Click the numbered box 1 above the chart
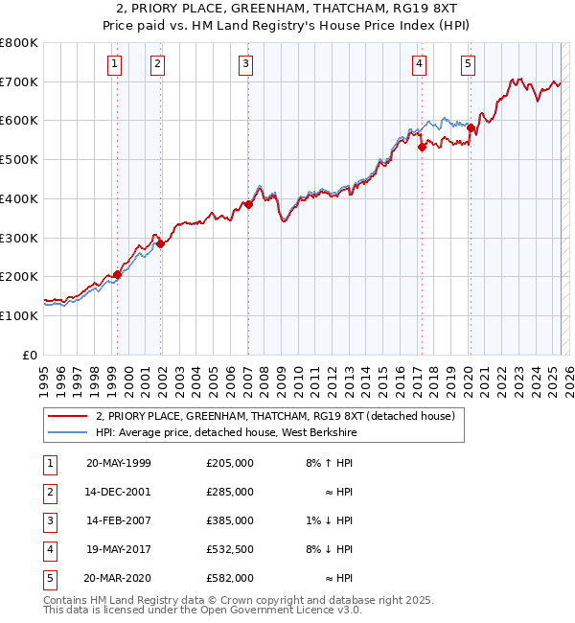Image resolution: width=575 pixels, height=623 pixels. tap(114, 64)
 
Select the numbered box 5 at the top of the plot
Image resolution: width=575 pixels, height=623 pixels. tap(468, 64)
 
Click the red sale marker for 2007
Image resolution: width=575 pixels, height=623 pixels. tap(248, 204)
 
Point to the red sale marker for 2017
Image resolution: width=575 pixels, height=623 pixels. tap(422, 147)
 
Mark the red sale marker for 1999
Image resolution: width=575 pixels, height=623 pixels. tap(118, 274)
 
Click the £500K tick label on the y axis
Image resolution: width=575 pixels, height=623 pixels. tap(18, 159)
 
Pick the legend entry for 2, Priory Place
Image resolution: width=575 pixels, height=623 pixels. tap(280, 416)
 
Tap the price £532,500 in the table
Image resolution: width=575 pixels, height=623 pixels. tap(229, 549)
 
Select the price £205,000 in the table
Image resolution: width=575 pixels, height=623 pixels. tap(229, 463)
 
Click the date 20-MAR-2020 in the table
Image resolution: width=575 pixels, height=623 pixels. tap(118, 578)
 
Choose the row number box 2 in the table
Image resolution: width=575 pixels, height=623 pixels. tap(48, 492)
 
